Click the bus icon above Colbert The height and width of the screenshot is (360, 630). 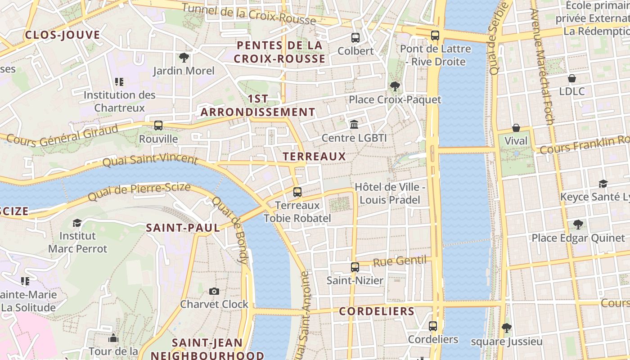point(355,38)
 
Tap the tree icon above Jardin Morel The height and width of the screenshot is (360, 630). point(184,58)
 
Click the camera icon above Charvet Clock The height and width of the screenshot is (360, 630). point(214,291)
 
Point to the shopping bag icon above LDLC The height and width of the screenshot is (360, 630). point(572,79)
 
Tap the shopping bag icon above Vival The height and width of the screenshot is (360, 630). point(516,128)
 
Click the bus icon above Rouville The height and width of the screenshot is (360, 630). point(158,126)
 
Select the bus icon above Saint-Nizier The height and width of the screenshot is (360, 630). point(355,267)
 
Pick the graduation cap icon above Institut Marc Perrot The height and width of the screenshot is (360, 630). point(77,223)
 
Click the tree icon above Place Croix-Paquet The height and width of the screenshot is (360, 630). point(395,86)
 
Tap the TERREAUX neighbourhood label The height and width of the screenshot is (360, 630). point(314,157)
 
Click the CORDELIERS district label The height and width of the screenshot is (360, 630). point(377,311)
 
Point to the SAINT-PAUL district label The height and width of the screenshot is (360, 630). point(183,228)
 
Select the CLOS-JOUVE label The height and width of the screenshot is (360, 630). point(63,35)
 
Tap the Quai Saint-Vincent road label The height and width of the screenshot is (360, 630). point(150,160)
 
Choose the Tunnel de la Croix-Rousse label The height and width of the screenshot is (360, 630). point(249,14)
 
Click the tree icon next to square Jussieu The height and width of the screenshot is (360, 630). point(506,328)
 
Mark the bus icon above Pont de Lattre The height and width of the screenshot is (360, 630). point(435,36)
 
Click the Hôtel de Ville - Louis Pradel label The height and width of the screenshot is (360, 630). point(390,193)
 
